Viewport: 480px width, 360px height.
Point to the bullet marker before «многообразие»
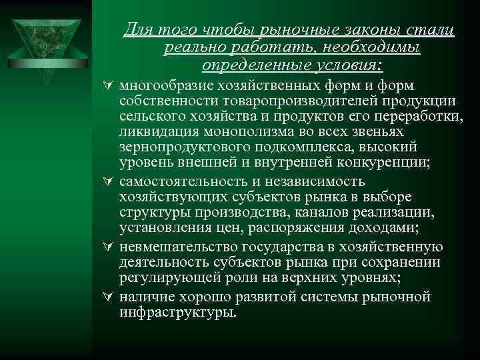[109, 86]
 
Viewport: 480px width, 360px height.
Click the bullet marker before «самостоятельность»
[109, 182]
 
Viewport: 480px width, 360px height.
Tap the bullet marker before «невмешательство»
[109, 246]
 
